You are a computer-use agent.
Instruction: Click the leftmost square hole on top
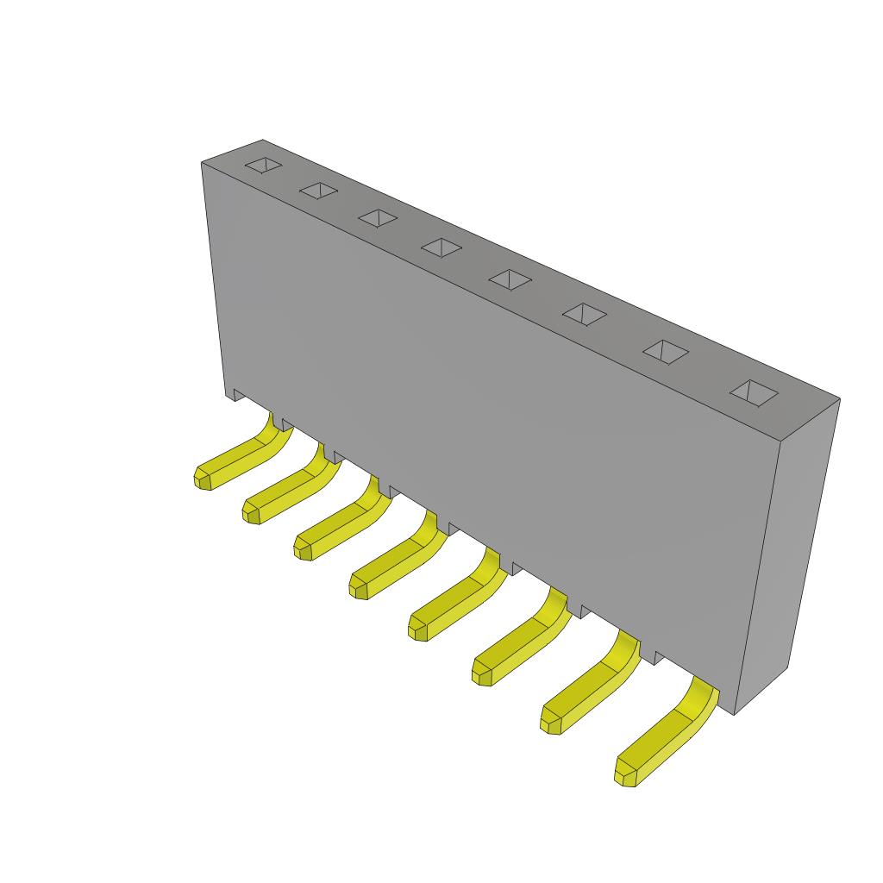click(x=263, y=166)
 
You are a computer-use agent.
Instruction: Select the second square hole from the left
click(x=318, y=191)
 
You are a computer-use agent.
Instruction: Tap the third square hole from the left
click(x=378, y=218)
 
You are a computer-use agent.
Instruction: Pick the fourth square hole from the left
click(x=441, y=247)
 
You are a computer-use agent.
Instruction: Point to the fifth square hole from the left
click(x=510, y=279)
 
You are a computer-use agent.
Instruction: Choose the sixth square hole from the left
click(x=584, y=314)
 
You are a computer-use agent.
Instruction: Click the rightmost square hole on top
click(x=754, y=391)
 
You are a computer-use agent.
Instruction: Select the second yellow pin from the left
click(x=289, y=492)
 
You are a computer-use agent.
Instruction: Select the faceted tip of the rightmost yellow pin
click(x=626, y=773)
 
